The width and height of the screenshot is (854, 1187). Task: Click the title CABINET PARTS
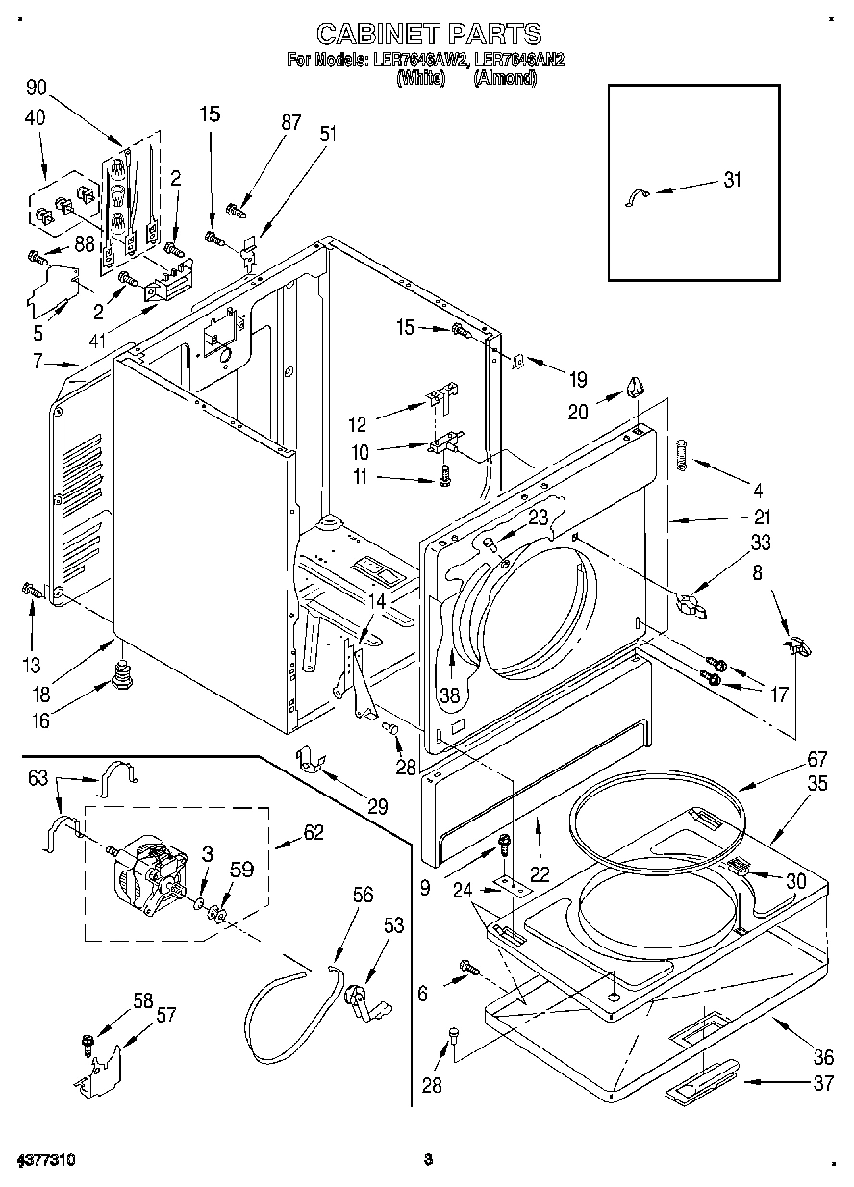428,35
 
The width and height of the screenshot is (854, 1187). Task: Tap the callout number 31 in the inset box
733,179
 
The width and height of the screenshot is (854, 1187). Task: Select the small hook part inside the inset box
636,196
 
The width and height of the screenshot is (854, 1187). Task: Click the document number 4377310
46,1160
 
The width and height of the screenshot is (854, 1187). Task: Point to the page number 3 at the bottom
429,1160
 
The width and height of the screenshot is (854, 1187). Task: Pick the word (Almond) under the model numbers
504,78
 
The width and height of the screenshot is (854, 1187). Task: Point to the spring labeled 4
683,452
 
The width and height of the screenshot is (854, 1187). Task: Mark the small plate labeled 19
517,362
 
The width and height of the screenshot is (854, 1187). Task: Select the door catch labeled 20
634,388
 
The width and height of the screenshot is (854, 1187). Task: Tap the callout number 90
37,88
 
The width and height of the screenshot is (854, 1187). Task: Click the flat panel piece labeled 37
703,1086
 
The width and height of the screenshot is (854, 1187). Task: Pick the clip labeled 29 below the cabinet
307,759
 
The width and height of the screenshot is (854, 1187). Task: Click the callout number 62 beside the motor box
314,833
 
